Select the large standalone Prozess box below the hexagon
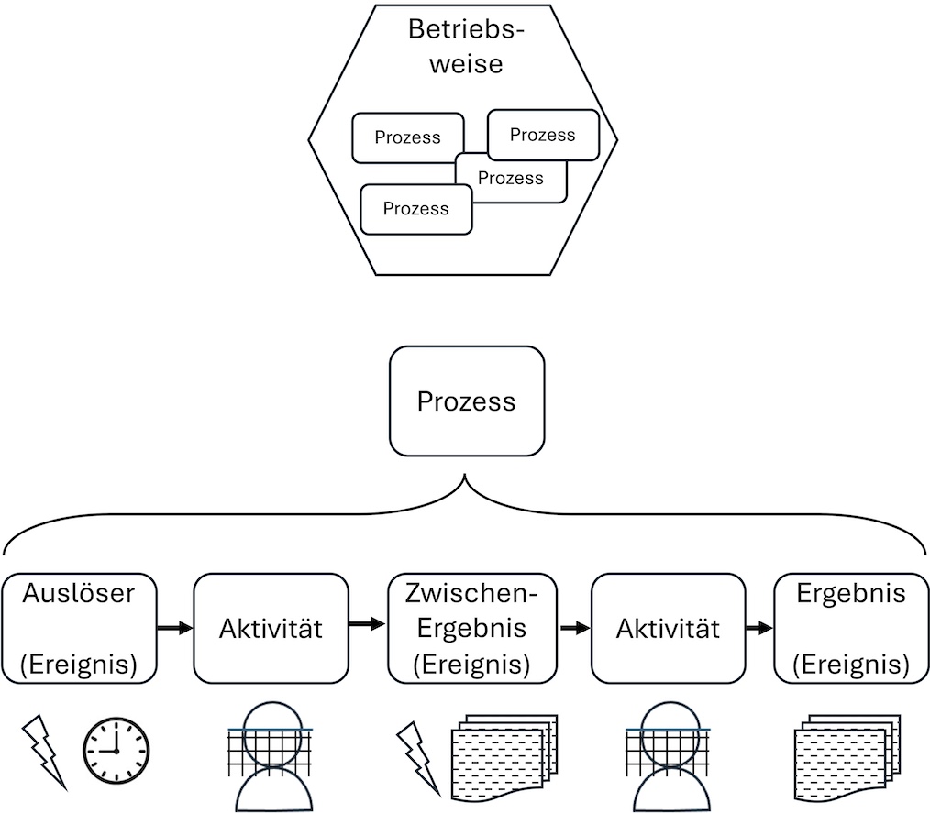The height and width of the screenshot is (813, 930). pyautogui.click(x=467, y=401)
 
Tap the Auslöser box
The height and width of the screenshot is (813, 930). pyautogui.click(x=78, y=628)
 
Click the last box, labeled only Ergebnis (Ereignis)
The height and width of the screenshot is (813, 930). pyautogui.click(x=851, y=628)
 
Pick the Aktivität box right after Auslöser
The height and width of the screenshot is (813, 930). pyautogui.click(x=271, y=628)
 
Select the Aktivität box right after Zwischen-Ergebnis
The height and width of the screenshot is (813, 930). pyautogui.click(x=668, y=628)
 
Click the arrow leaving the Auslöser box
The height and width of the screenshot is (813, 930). pyautogui.click(x=174, y=629)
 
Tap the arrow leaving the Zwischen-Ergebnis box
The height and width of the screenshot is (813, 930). pyautogui.click(x=574, y=629)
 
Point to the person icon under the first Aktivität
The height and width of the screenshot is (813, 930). pyautogui.click(x=270, y=757)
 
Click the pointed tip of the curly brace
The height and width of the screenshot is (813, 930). pyautogui.click(x=466, y=476)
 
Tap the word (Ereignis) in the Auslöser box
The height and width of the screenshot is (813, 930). pyautogui.click(x=78, y=663)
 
